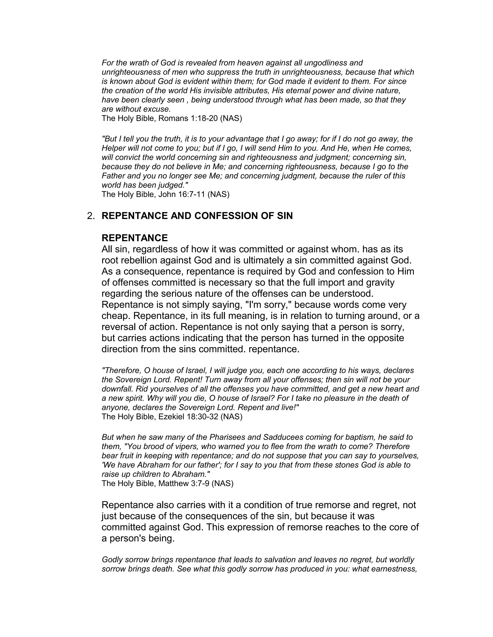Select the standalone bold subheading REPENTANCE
135,238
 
